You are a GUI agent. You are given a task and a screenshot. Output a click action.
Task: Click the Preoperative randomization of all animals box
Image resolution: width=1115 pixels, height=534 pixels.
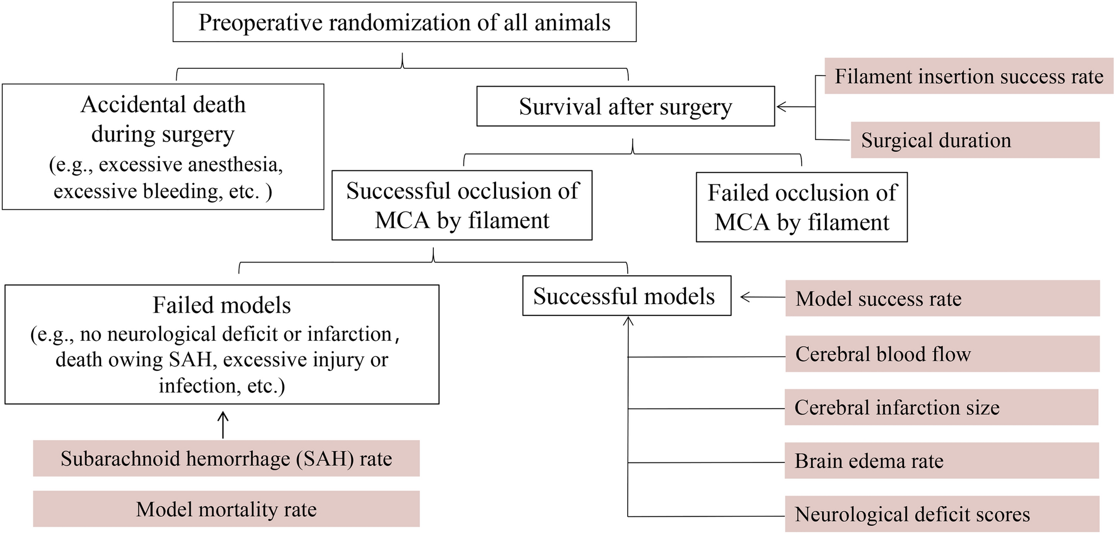click(x=404, y=22)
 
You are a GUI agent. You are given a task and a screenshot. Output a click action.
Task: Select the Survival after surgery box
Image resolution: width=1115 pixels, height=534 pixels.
click(x=626, y=107)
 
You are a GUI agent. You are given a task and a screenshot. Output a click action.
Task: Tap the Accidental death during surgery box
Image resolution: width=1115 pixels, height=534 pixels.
click(x=163, y=147)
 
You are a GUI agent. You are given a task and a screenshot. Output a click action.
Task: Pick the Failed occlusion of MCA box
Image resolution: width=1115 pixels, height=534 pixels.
click(x=801, y=207)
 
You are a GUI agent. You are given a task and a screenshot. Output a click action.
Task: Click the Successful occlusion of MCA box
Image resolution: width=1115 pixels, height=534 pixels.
click(x=462, y=205)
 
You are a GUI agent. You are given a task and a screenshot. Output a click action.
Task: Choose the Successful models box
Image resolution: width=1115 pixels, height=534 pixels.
click(x=626, y=296)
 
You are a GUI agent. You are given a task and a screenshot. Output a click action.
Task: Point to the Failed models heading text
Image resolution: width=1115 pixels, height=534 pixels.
click(x=222, y=305)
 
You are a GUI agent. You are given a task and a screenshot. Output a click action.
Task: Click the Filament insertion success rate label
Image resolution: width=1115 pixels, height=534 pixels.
click(x=968, y=76)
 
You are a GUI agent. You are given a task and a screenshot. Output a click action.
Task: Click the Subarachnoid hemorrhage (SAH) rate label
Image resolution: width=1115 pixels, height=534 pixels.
click(x=226, y=459)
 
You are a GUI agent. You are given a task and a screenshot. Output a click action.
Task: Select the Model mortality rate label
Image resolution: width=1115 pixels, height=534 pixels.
click(x=226, y=509)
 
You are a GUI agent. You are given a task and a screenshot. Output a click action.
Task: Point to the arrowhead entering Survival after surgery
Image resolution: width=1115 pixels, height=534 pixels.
click(x=781, y=107)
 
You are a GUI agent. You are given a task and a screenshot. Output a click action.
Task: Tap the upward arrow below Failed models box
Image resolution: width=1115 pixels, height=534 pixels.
click(x=223, y=424)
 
